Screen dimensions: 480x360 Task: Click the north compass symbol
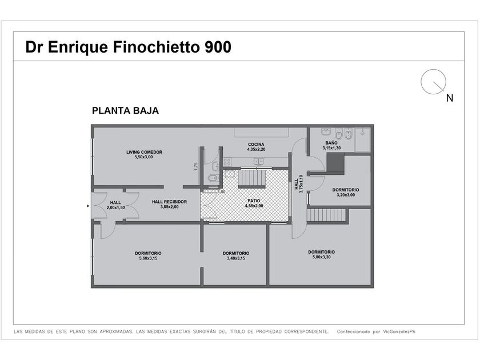(433, 82)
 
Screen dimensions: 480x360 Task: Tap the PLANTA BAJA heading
(125, 111)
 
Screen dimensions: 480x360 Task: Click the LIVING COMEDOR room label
(144, 152)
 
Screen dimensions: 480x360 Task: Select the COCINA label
(255, 144)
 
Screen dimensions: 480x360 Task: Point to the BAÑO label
(331, 143)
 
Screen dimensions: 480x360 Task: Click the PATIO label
(254, 201)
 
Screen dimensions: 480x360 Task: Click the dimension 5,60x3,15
(148, 258)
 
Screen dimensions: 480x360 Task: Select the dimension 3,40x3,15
(236, 258)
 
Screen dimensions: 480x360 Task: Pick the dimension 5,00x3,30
(321, 257)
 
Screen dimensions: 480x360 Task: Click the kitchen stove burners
(227, 161)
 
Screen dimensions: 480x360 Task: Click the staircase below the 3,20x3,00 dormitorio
(327, 215)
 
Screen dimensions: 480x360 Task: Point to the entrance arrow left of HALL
(88, 206)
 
